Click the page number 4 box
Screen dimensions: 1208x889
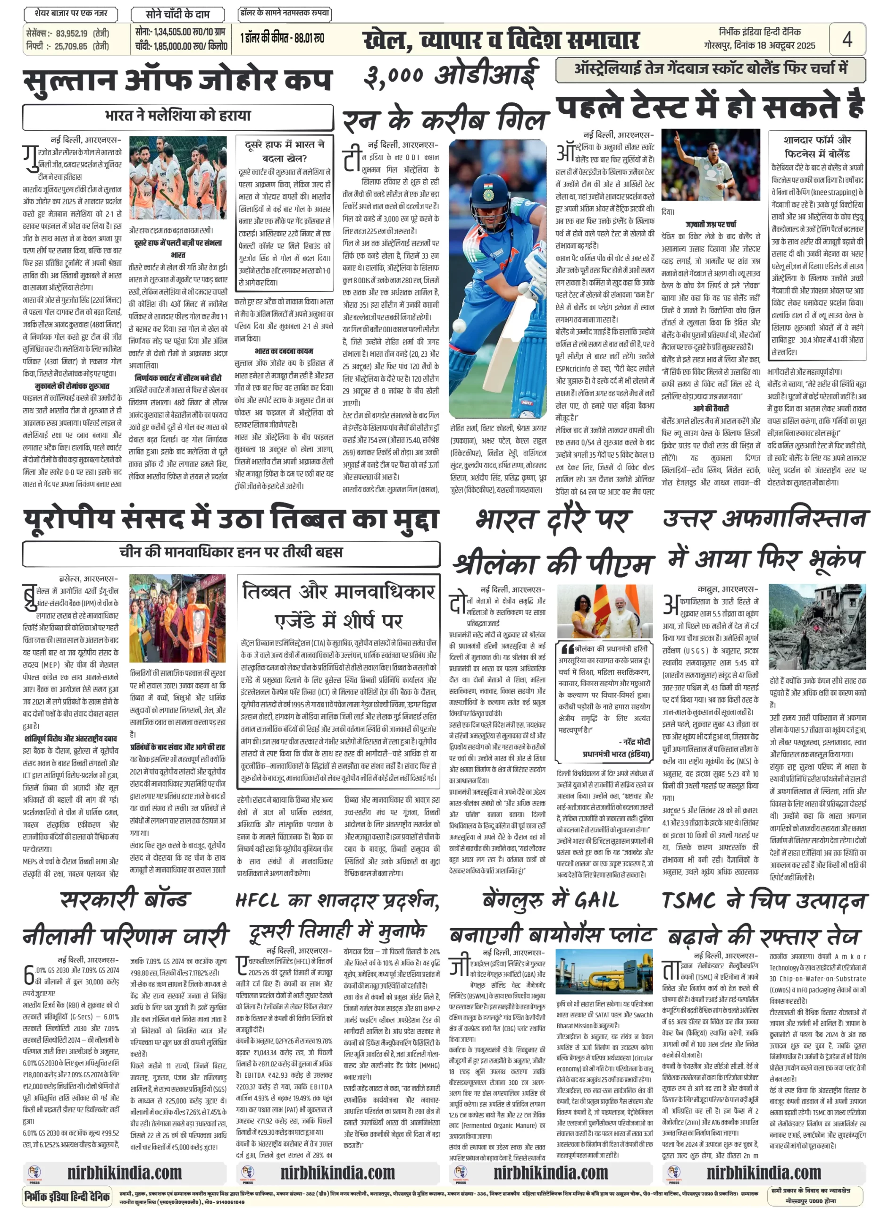pos(847,39)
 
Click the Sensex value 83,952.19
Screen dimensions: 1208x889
pos(72,34)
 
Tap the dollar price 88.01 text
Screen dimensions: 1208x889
pos(311,38)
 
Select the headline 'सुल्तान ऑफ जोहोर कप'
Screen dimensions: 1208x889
pos(177,81)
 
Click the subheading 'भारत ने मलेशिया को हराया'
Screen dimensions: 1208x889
pos(177,116)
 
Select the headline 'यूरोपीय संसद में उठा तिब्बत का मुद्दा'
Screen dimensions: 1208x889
pos(231,519)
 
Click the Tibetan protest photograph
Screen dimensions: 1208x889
pos(177,618)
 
